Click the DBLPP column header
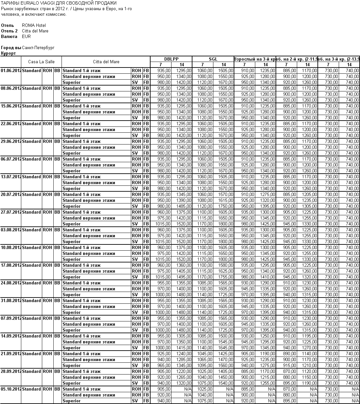tap(171, 59)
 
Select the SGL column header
tap(213, 59)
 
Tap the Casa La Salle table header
tap(41, 62)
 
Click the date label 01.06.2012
tap(11, 70)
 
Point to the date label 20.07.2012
tap(11, 194)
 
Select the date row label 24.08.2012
tap(11, 283)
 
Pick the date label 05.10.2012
tap(11, 389)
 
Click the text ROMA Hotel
tap(34, 25)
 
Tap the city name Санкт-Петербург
tap(38, 48)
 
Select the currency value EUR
tap(26, 36)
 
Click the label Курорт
tap(8, 53)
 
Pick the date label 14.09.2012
tap(11, 336)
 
